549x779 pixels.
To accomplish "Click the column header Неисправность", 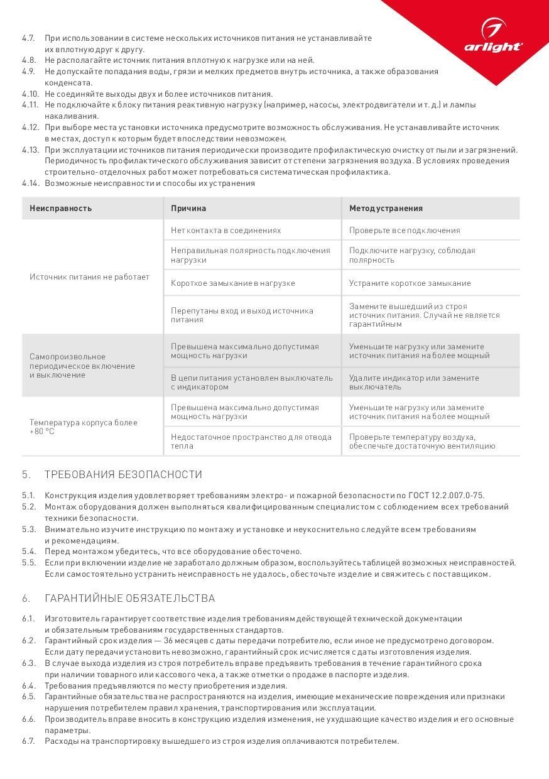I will [60, 209].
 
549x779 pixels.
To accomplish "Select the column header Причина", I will [188, 209].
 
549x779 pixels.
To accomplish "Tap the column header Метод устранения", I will [386, 209].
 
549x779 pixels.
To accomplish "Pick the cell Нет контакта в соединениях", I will [226, 231].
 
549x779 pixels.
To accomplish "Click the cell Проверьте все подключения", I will [405, 231].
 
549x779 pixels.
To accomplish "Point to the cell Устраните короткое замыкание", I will [410, 283].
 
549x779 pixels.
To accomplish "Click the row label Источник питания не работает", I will [89, 277].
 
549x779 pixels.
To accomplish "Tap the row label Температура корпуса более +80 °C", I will [83, 427].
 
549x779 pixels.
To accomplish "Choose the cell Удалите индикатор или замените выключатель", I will [414, 383].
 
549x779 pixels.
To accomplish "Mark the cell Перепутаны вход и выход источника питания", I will [242, 315].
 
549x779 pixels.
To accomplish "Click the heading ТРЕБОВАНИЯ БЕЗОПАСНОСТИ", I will [123, 475].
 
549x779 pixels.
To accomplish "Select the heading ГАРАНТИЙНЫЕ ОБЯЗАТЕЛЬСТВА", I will [129, 599].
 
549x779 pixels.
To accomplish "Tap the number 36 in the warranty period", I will [168, 641].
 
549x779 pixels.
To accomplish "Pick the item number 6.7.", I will [28, 741].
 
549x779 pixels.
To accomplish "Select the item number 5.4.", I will [28, 552].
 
